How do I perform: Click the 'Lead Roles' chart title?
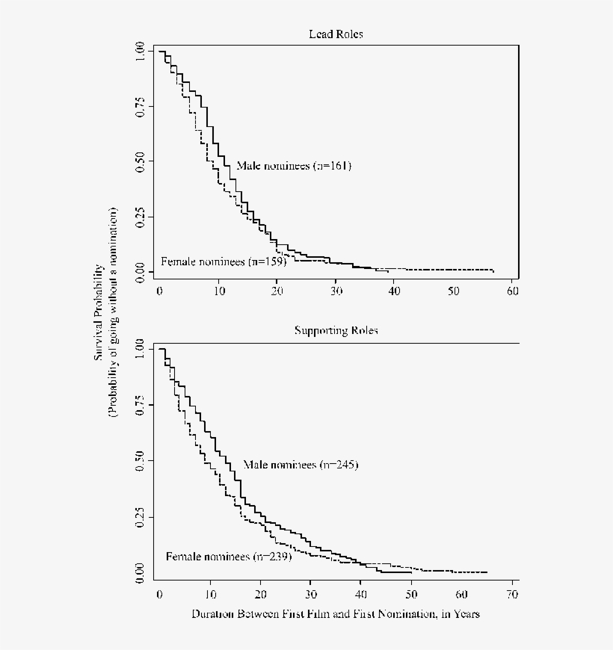point(336,34)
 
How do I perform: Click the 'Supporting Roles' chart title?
point(336,331)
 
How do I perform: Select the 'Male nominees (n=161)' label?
point(294,166)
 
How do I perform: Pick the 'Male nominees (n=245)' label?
point(301,465)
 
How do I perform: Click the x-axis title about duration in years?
point(335,614)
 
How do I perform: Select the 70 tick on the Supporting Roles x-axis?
point(512,592)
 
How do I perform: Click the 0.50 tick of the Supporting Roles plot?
point(141,461)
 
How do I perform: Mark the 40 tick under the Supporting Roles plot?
point(360,592)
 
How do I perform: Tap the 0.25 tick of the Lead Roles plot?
point(141,217)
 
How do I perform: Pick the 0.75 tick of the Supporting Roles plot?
point(141,405)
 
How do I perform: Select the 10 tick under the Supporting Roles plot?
point(210,592)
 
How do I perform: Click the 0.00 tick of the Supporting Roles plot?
point(141,572)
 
